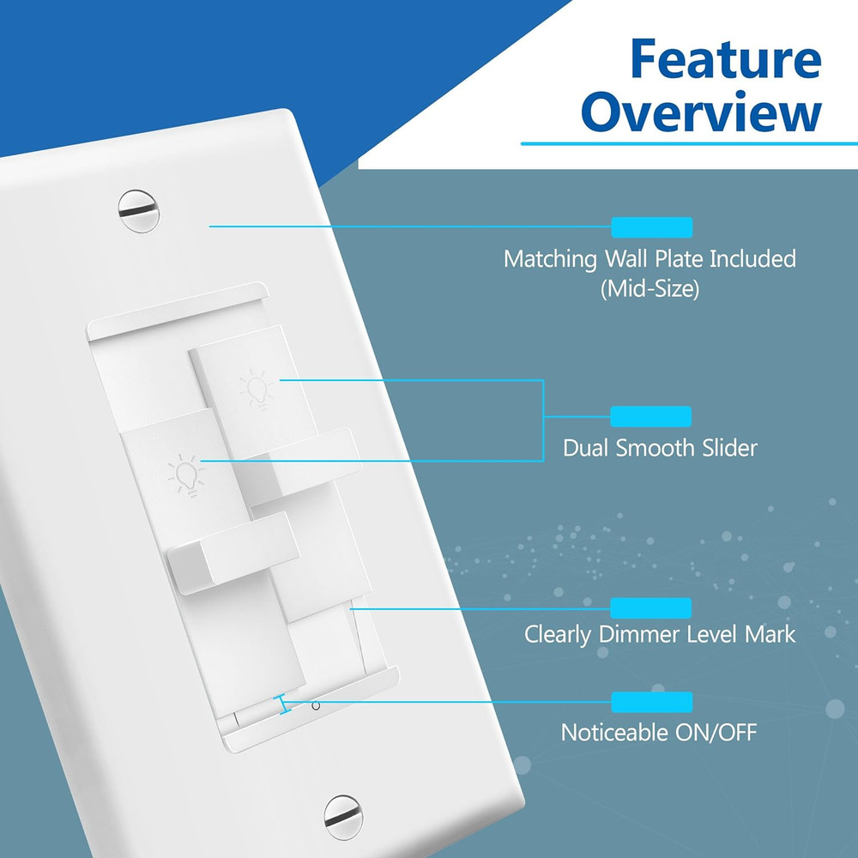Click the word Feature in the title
724,59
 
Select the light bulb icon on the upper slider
257,389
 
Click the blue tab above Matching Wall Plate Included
650,227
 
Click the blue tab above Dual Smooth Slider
650,417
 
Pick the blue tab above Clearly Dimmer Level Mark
650,608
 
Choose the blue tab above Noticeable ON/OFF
650,703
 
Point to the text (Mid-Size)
650,289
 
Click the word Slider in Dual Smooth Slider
726,448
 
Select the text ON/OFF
718,733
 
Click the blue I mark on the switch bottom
283,705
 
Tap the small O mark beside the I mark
316,706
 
